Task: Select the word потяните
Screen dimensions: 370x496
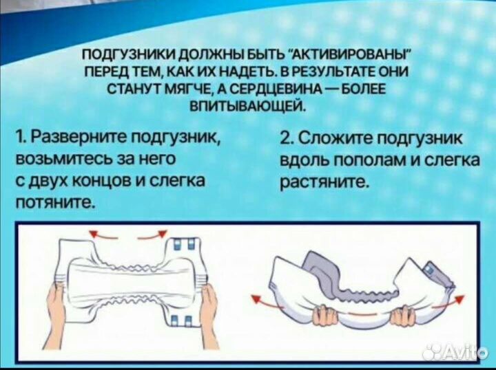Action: pos(54,203)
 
